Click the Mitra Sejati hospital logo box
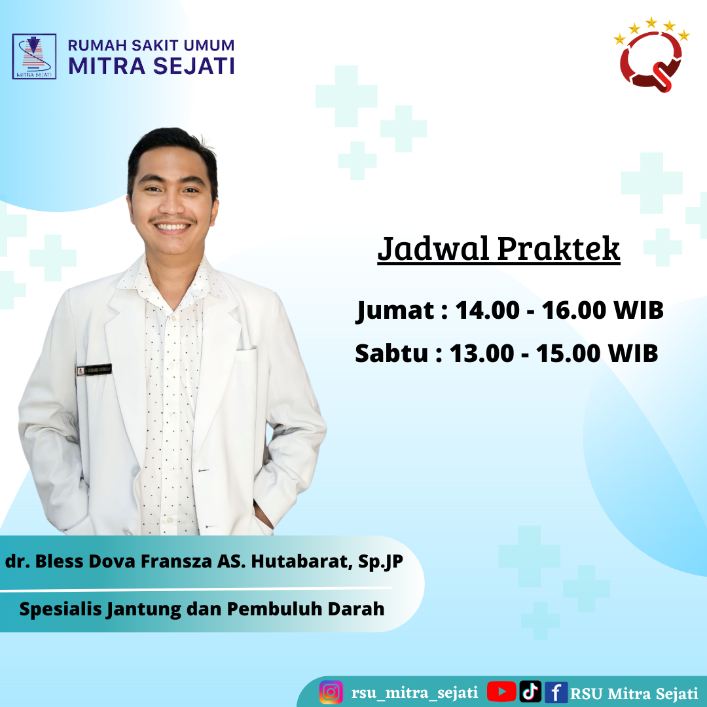(34, 56)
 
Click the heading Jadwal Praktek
(499, 249)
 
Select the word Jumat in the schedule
(395, 311)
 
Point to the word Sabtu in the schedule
(391, 353)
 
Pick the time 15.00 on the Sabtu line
(569, 353)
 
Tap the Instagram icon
(331, 692)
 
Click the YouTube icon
(501, 692)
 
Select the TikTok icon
(530, 692)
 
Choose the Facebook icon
(556, 693)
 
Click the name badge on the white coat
(94, 370)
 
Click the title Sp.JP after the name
(380, 562)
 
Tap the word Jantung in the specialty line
(144, 609)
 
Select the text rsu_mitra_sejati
(414, 693)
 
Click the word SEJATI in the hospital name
(194, 66)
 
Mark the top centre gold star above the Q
(651, 22)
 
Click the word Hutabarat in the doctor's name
(302, 562)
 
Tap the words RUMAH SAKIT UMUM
(151, 45)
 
